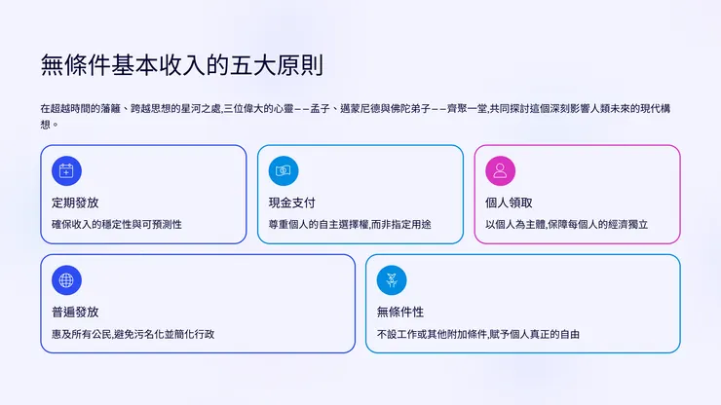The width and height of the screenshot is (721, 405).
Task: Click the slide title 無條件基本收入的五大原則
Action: [182, 66]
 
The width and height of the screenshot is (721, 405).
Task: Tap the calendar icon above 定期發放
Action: [66, 170]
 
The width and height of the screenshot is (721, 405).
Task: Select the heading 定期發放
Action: [75, 202]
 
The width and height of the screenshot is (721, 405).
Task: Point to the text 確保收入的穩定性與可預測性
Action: [117, 224]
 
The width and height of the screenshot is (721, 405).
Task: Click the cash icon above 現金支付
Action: [284, 170]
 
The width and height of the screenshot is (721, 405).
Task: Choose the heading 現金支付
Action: [292, 202]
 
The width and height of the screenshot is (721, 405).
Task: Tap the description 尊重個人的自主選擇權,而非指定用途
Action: [350, 224]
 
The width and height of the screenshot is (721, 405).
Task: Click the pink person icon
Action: [501, 170]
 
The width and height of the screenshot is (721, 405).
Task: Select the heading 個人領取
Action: [510, 202]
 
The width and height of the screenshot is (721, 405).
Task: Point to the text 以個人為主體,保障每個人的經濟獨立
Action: [567, 224]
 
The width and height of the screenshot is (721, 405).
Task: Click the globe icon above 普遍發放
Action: [66, 280]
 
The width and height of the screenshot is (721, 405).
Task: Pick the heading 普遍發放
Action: [75, 312]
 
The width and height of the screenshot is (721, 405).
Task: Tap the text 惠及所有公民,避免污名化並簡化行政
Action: [133, 334]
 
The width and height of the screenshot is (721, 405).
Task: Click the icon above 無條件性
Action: [392, 280]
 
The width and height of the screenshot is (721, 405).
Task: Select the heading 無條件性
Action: [400, 312]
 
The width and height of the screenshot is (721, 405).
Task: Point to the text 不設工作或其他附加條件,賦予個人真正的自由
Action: [478, 334]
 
